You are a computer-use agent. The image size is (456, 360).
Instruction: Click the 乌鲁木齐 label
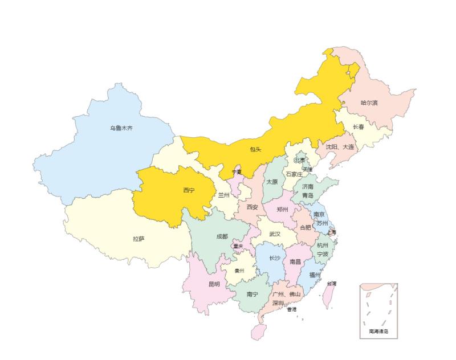(121, 128)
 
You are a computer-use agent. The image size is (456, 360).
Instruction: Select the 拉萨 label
(139, 239)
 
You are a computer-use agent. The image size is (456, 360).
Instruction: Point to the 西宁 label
(189, 190)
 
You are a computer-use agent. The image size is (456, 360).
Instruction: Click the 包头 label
(255, 150)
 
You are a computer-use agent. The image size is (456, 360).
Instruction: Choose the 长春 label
(359, 127)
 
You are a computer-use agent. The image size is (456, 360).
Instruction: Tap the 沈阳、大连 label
(340, 147)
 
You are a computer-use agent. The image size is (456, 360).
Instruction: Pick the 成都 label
(222, 236)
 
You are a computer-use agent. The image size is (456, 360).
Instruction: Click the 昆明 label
(214, 284)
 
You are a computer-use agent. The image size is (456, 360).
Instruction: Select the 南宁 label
(253, 294)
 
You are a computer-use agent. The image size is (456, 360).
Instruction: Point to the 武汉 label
(275, 234)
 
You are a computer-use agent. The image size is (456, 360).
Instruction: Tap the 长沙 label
(275, 258)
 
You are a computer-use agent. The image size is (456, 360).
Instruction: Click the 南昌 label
(295, 262)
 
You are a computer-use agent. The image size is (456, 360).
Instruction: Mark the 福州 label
(315, 275)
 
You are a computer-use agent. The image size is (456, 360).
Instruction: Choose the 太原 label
(272, 182)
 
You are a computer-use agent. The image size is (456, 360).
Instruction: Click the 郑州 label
(282, 209)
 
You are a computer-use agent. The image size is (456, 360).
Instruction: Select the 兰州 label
(223, 195)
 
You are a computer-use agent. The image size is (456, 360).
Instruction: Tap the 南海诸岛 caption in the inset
(378, 331)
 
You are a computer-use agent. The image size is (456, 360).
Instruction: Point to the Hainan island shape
(259, 332)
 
